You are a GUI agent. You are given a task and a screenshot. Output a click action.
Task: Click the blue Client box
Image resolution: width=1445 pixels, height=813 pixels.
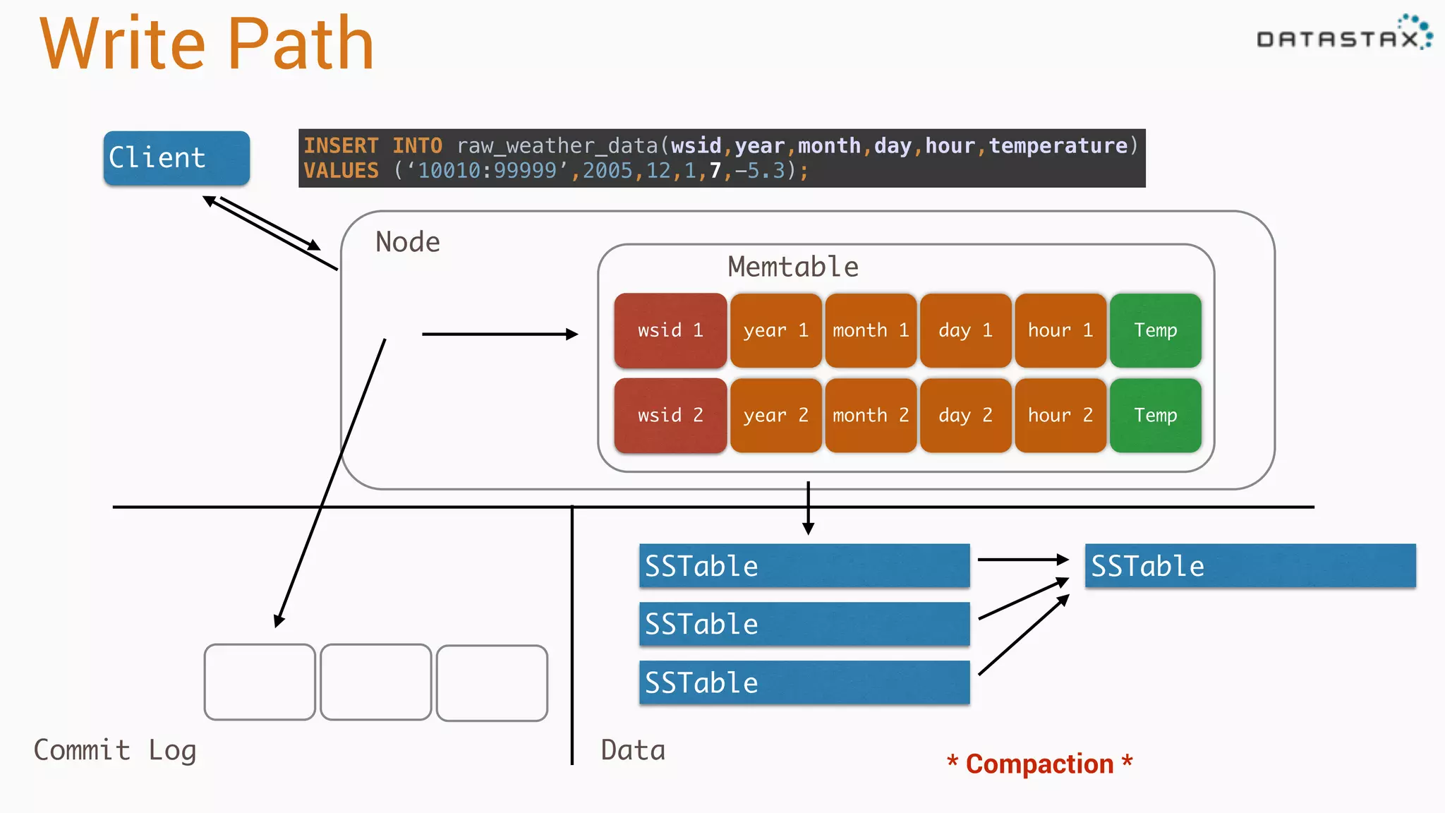click(x=176, y=158)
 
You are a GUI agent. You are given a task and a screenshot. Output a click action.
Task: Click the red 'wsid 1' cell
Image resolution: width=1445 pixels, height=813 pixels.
click(x=670, y=330)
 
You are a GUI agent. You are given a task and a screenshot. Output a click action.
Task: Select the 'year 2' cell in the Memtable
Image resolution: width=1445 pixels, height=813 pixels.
click(x=775, y=416)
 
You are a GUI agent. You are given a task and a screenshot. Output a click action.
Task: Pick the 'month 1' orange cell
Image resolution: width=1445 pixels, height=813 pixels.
click(x=871, y=330)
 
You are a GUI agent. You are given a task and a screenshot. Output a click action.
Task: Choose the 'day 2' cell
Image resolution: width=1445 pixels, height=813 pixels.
click(x=965, y=416)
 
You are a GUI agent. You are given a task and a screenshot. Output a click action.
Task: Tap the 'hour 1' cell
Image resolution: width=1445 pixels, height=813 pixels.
click(x=1060, y=330)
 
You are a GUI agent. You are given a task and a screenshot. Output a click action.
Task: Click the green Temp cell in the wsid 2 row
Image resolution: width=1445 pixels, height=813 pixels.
click(x=1155, y=416)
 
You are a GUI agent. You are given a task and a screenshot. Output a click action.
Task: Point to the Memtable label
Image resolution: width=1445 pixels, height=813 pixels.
click(x=793, y=267)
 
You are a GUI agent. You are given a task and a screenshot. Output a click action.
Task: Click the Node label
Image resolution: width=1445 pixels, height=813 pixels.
click(x=408, y=242)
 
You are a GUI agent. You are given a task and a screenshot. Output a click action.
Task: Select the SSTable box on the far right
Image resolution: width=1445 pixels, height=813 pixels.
click(x=1250, y=566)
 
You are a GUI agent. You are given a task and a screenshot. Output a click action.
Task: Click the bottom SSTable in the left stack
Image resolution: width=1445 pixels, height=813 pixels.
click(x=804, y=682)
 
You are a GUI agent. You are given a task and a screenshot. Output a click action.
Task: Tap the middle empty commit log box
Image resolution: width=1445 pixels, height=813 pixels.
click(x=375, y=682)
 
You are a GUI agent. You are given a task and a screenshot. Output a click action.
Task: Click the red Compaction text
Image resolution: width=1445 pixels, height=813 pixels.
click(x=1039, y=764)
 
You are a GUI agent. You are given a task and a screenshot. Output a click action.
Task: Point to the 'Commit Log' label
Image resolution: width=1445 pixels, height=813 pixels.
click(x=115, y=750)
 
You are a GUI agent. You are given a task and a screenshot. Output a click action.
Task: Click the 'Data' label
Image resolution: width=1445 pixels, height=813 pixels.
click(x=633, y=750)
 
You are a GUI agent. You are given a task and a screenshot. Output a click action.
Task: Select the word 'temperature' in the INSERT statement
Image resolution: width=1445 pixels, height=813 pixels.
click(x=1058, y=146)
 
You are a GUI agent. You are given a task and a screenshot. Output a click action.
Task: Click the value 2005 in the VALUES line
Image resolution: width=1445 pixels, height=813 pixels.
click(x=607, y=171)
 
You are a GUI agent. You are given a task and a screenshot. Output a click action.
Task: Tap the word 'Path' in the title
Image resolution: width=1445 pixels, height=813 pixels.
click(x=301, y=44)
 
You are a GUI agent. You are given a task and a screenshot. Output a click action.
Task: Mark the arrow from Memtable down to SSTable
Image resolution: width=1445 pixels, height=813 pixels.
click(x=809, y=508)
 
